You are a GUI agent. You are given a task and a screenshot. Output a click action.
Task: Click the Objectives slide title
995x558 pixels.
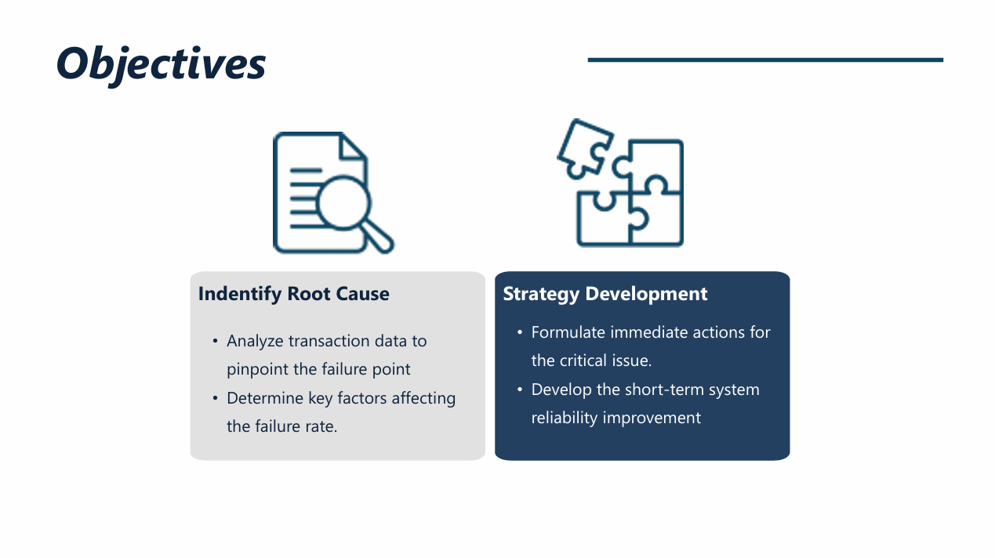click(161, 65)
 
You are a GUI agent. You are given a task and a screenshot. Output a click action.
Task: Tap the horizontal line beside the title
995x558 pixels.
click(765, 60)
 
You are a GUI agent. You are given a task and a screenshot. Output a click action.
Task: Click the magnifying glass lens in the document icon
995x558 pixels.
click(343, 203)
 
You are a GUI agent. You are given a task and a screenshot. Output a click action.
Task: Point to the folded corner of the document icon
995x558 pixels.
click(353, 146)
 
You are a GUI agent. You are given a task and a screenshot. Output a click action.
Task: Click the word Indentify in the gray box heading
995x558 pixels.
click(240, 295)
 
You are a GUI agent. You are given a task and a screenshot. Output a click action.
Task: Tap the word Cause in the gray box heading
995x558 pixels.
click(362, 294)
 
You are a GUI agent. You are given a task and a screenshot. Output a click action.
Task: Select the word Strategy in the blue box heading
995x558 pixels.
click(541, 295)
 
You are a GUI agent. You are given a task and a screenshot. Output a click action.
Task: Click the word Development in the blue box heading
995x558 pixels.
click(646, 295)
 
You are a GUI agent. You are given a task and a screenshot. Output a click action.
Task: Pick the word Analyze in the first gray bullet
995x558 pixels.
click(255, 342)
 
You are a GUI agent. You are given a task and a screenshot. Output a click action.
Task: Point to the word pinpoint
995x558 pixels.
click(258, 370)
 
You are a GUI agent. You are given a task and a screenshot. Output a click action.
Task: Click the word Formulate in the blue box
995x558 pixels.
click(568, 332)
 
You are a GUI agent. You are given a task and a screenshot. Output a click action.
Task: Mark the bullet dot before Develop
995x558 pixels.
click(520, 390)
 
